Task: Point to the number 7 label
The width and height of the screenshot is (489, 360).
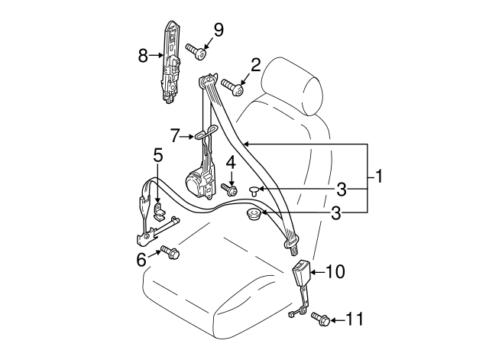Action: pyautogui.click(x=175, y=135)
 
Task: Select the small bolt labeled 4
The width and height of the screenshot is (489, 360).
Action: pyautogui.click(x=228, y=187)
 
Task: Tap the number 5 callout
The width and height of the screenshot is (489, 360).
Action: pyautogui.click(x=157, y=156)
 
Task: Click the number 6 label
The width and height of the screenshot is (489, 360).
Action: pyautogui.click(x=141, y=261)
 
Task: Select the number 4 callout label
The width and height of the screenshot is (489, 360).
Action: pyautogui.click(x=230, y=163)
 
